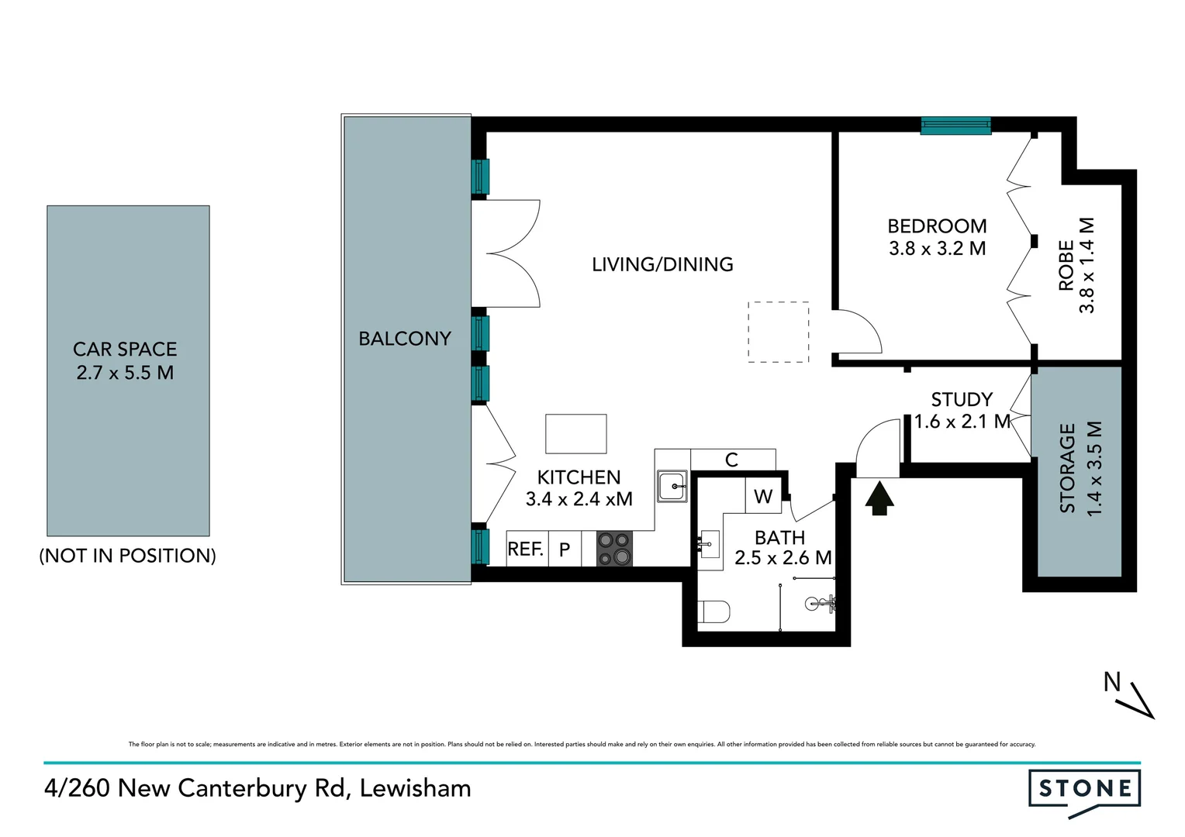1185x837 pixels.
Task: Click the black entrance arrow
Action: (x=879, y=498)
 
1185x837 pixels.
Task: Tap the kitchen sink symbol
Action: (x=672, y=487)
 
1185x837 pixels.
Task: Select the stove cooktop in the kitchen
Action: (x=614, y=549)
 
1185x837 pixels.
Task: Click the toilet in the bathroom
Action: (x=713, y=612)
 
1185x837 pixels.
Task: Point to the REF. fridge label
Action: (x=525, y=549)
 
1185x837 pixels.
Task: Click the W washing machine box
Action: (x=763, y=497)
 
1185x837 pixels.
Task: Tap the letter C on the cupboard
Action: (x=731, y=460)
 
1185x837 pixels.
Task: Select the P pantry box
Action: (x=565, y=549)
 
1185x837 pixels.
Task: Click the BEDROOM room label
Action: (x=937, y=226)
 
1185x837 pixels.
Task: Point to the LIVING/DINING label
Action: (x=662, y=264)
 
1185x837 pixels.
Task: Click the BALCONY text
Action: (x=405, y=339)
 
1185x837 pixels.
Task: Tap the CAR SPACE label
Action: (x=125, y=350)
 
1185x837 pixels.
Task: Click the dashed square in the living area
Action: (x=778, y=332)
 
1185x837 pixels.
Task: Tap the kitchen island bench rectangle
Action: (x=576, y=434)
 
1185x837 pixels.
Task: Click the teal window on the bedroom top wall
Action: (x=955, y=126)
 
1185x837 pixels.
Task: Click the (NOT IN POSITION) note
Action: (x=127, y=556)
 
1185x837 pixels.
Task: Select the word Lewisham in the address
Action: (x=416, y=788)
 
